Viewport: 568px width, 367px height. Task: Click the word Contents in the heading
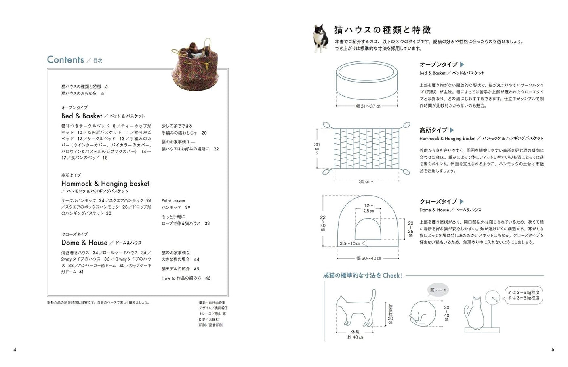click(x=65, y=60)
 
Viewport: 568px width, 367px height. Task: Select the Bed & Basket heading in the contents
click(x=82, y=116)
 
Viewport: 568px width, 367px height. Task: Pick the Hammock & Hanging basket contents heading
click(x=105, y=183)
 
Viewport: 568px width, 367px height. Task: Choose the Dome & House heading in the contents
click(x=84, y=243)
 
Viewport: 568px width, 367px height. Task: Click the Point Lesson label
click(x=173, y=201)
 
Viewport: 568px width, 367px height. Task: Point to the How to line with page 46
click(x=186, y=278)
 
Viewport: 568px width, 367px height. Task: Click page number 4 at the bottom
click(x=15, y=350)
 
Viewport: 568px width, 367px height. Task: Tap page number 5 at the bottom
click(x=553, y=350)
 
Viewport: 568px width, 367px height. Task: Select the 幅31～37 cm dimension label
click(x=368, y=106)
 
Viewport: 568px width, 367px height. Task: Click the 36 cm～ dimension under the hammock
click(x=366, y=181)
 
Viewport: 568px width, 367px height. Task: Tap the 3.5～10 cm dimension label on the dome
click(x=349, y=243)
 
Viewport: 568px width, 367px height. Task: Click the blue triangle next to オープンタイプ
click(x=462, y=65)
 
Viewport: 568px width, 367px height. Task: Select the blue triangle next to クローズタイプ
click(x=462, y=201)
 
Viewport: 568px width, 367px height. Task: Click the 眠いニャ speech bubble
click(x=438, y=290)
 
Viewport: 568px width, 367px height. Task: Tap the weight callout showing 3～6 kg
click(x=524, y=295)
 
